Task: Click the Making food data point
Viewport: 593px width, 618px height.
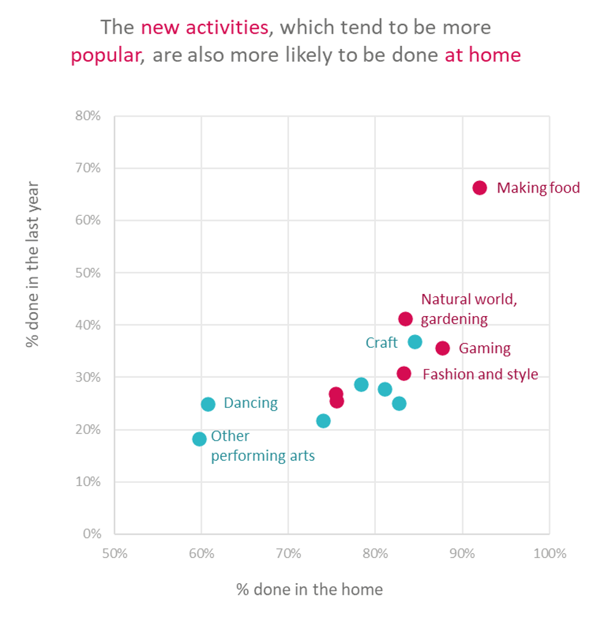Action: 480,188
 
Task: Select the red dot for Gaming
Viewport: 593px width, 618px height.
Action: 443,348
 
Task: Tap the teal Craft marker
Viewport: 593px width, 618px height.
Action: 415,342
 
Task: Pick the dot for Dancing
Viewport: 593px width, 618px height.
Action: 208,404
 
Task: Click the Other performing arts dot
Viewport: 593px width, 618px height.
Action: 199,439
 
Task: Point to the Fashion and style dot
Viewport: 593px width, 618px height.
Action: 404,373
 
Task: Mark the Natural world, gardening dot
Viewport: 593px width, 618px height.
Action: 405,319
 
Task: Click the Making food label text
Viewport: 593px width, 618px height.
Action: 538,188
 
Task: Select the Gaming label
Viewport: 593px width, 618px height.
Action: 484,348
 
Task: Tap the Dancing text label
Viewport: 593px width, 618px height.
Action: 251,403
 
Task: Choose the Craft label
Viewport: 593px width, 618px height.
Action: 381,343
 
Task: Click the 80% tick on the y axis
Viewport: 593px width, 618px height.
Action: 89,116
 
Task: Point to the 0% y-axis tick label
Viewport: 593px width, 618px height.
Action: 92,534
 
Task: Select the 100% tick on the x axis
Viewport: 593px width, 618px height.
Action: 549,554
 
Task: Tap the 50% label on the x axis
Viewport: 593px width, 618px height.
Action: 115,554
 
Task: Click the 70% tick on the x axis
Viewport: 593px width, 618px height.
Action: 289,554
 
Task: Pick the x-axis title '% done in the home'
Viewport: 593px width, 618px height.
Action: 309,589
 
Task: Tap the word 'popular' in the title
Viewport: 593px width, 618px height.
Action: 106,56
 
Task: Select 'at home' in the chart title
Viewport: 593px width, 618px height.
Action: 482,56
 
